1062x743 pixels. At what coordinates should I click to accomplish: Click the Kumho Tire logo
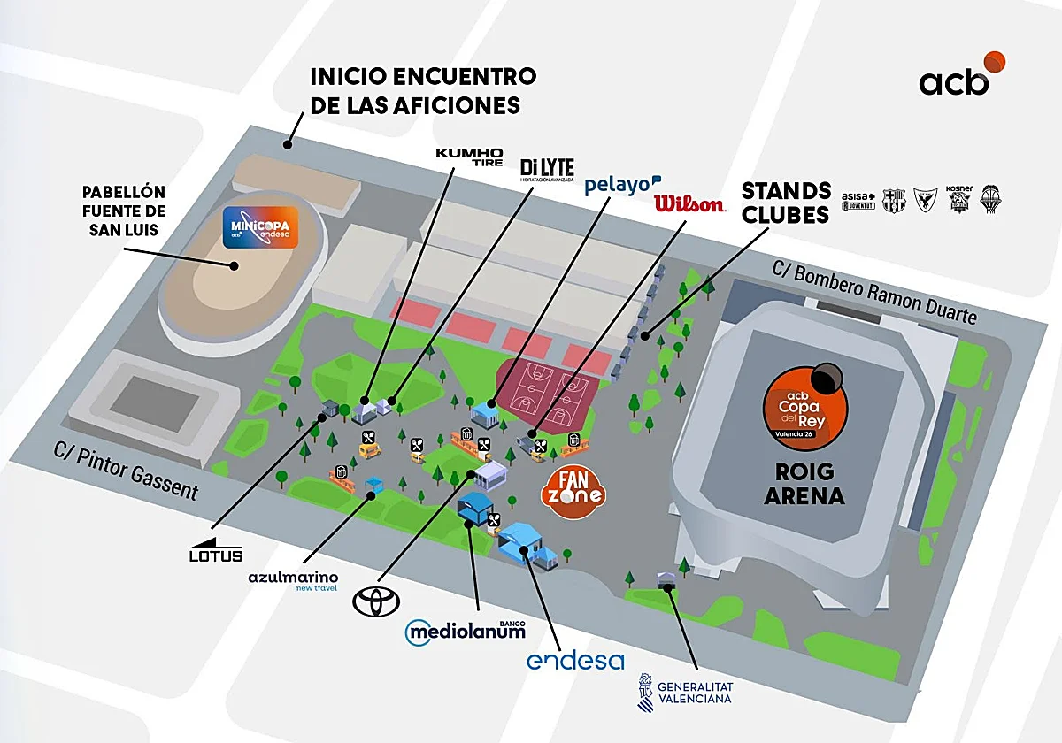469,157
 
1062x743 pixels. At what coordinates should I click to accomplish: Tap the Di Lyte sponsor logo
547,170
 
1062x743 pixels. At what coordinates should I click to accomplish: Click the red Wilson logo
689,204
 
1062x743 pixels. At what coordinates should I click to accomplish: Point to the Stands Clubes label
786,203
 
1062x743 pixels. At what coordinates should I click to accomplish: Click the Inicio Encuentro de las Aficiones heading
422,90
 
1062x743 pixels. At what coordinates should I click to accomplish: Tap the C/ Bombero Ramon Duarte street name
873,292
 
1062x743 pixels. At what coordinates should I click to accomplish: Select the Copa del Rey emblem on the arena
804,409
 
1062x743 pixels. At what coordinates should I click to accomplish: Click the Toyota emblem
376,601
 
